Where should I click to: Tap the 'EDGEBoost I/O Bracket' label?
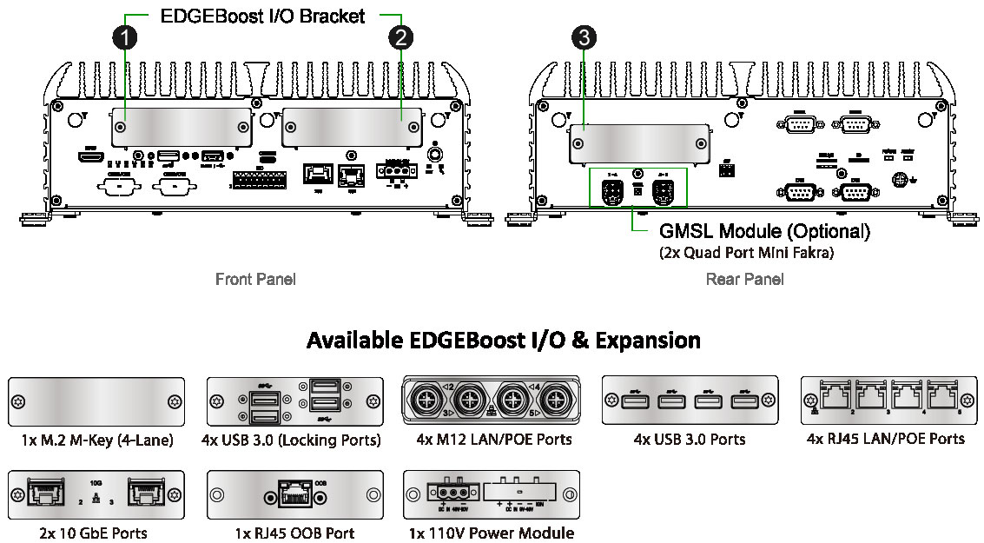(262, 17)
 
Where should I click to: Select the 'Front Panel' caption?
(255, 279)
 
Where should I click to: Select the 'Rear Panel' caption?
(744, 279)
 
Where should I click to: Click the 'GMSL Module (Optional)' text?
(764, 232)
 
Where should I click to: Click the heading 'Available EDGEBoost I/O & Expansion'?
(503, 340)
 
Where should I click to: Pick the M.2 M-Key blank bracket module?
(96, 401)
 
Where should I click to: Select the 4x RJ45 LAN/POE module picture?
(888, 401)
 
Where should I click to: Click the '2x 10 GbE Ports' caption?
(93, 533)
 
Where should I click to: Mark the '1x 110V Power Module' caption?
(492, 533)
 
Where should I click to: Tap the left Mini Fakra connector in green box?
(612, 189)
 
